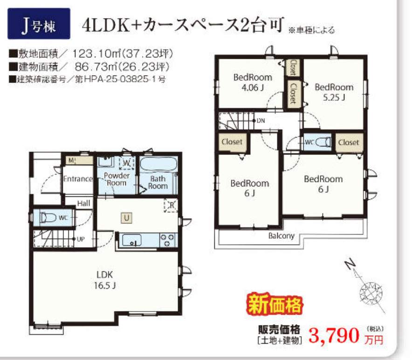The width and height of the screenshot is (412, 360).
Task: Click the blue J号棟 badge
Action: click(39, 24)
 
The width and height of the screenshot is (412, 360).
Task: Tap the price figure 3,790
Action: click(334, 336)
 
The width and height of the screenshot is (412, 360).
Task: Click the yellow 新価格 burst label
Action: click(275, 305)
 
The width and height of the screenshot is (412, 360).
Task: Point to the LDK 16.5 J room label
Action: click(104, 280)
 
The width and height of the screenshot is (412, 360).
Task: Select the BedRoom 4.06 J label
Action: click(253, 83)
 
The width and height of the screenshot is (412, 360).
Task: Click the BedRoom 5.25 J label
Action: click(334, 92)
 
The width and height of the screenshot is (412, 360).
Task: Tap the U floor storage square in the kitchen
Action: click(126, 218)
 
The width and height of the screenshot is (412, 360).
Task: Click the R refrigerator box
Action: click(171, 205)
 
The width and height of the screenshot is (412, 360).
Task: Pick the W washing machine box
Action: click(127, 163)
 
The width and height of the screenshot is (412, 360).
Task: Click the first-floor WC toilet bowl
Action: click(48, 218)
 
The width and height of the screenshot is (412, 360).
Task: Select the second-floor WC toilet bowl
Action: click(323, 142)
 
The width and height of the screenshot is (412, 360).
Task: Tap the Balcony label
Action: click(281, 236)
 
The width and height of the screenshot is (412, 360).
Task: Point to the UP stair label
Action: click(81, 239)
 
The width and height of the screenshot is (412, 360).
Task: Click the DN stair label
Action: click(261, 121)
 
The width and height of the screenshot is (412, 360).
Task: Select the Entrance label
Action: click(78, 179)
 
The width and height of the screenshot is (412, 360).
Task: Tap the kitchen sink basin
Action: click(132, 240)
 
